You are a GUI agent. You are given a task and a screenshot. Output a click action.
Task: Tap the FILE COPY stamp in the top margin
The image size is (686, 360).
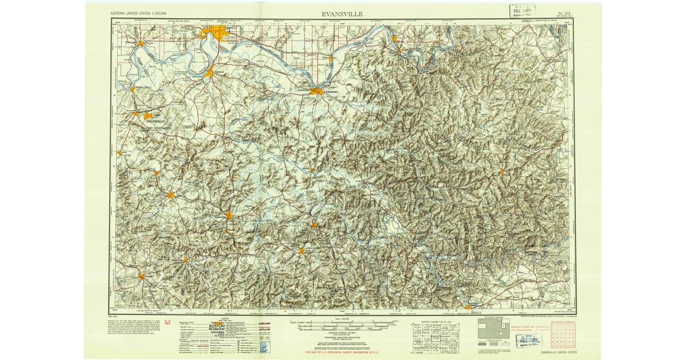tap(523, 11)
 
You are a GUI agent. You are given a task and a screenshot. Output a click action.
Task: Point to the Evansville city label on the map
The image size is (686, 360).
tap(230, 40)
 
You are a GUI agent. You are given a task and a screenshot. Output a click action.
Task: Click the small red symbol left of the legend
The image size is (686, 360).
tap(168, 324)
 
